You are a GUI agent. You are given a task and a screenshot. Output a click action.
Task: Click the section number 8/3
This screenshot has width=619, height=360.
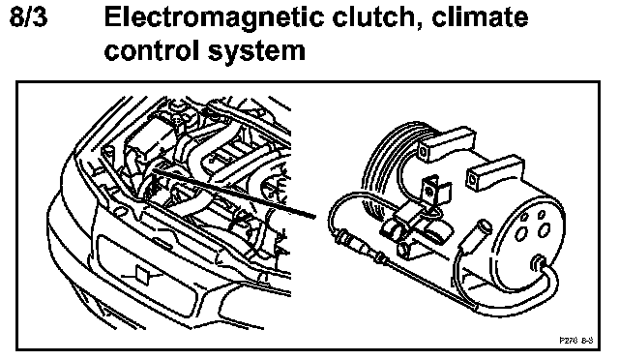pyautogui.click(x=28, y=17)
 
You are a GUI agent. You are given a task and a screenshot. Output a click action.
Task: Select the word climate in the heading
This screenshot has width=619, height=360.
pyautogui.click(x=480, y=17)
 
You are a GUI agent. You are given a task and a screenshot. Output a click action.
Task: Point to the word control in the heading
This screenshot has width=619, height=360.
pyautogui.click(x=153, y=50)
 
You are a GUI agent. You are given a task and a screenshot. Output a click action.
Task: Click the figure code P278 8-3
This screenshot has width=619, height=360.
pyautogui.click(x=576, y=341)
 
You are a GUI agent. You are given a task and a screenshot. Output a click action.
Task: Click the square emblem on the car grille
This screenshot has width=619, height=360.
pyautogui.click(x=141, y=274)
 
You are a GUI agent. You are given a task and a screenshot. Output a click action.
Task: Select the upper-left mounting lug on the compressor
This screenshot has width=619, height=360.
pyautogui.click(x=445, y=143)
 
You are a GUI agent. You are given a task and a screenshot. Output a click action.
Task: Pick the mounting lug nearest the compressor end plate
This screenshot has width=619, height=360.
pyautogui.click(x=494, y=171)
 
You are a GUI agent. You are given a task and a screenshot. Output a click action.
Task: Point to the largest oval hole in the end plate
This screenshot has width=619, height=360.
pyautogui.click(x=545, y=230)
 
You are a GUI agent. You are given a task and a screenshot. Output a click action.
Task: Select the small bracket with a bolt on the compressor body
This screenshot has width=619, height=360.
pyautogui.click(x=433, y=191)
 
